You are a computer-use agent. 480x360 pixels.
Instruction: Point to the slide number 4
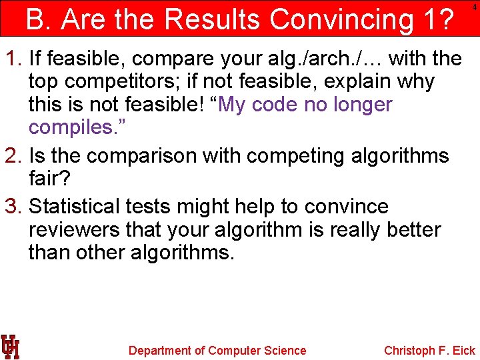pyautogui.click(x=474, y=6)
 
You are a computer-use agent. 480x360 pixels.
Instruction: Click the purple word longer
pyautogui.click(x=359, y=105)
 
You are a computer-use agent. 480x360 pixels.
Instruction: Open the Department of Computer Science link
pyautogui.click(x=217, y=351)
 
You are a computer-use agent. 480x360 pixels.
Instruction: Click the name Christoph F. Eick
pyautogui.click(x=429, y=351)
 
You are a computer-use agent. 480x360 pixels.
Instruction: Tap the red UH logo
pyautogui.click(x=10, y=347)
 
